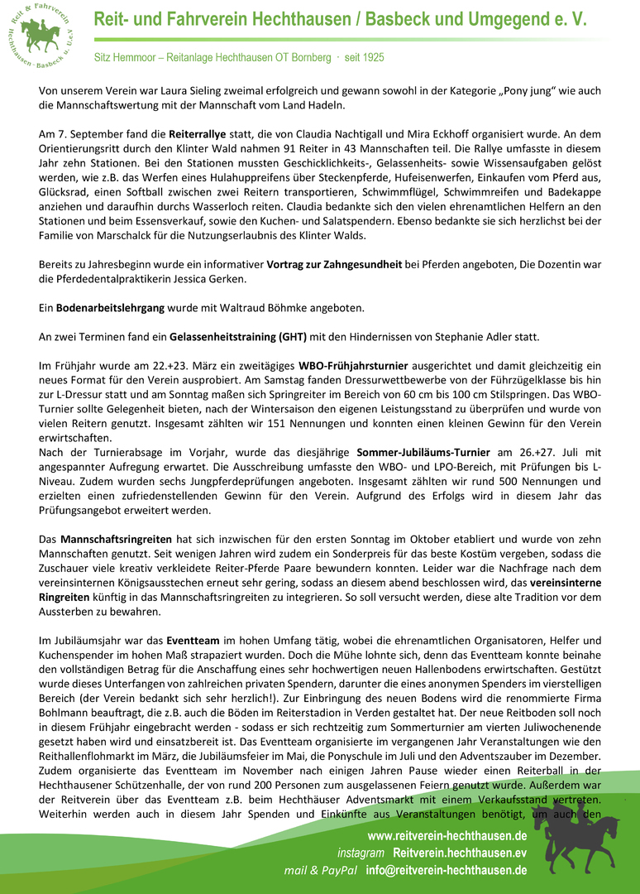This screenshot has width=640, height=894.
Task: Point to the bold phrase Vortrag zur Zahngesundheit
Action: point(334,265)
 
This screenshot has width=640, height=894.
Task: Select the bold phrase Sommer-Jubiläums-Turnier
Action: point(423,452)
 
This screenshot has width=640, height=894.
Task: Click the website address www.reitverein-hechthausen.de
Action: point(447,836)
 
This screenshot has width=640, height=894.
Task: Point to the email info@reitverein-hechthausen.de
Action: point(447,871)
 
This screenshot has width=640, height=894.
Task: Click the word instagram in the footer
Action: point(361,853)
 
